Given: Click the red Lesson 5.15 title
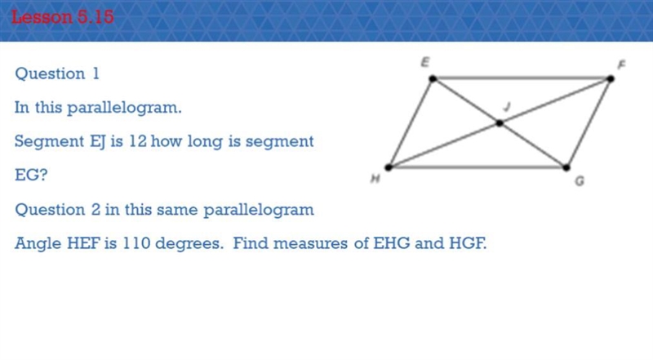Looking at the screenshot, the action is click(x=63, y=17).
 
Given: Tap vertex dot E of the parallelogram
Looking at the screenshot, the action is click(x=433, y=78).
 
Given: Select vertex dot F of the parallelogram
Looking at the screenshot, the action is click(x=610, y=78).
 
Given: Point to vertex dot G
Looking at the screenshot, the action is click(x=566, y=167).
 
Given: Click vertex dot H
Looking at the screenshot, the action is click(x=389, y=167).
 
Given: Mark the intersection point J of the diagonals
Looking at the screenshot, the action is click(x=500, y=123).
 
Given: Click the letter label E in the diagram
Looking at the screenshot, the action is click(x=424, y=63).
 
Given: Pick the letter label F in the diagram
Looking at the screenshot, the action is click(x=621, y=64).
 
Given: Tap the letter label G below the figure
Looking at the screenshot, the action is click(x=580, y=181).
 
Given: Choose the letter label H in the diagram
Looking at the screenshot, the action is click(x=375, y=179).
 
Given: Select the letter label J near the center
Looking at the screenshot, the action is click(x=506, y=107).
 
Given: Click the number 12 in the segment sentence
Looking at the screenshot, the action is click(x=137, y=141).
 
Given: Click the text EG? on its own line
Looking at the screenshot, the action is click(x=31, y=175).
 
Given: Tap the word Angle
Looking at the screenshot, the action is click(x=38, y=244).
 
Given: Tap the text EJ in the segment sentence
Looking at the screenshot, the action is click(x=98, y=142).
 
